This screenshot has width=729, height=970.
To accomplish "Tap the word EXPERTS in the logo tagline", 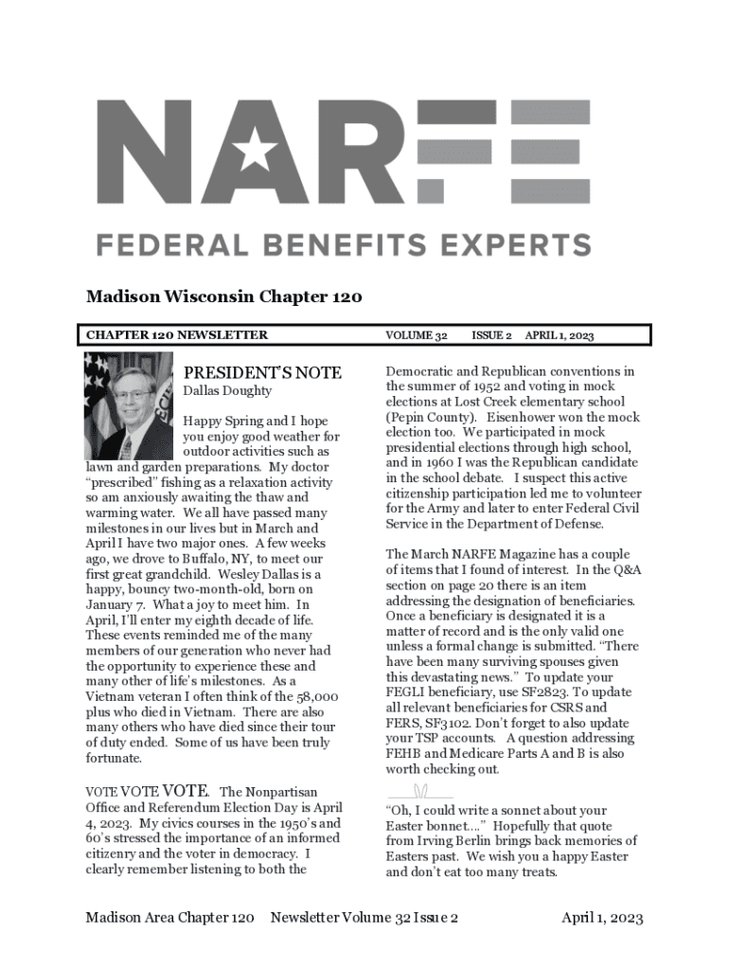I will click(x=514, y=245).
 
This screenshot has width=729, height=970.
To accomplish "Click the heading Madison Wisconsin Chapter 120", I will click(x=223, y=298).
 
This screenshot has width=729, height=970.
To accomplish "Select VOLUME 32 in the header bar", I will click(x=417, y=335).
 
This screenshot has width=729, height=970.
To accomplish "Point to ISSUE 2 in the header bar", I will click(x=491, y=335).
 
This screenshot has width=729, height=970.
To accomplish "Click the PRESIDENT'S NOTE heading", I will click(x=262, y=372).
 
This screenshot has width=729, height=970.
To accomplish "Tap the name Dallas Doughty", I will click(x=227, y=390).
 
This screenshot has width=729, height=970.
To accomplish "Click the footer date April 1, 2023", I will click(x=602, y=918).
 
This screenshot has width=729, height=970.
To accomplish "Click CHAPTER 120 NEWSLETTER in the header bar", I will click(x=177, y=335).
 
